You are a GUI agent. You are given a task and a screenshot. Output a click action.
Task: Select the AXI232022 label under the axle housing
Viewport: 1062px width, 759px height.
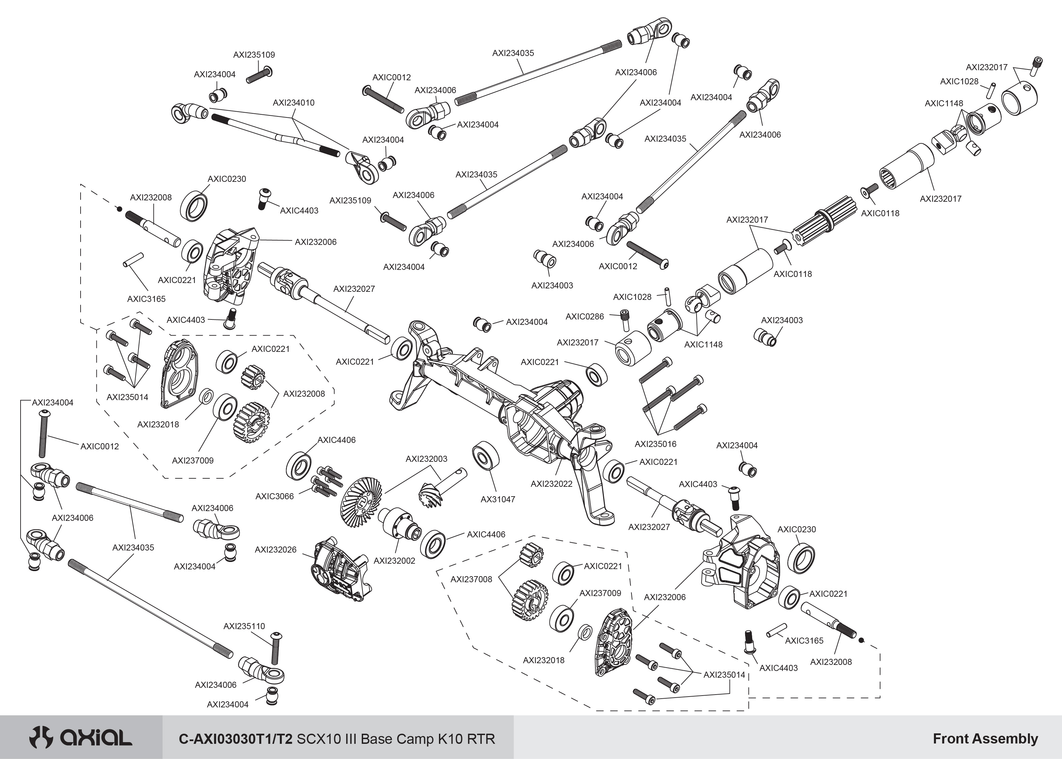click(x=551, y=484)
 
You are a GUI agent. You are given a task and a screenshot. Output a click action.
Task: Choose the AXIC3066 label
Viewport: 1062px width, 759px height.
click(x=275, y=496)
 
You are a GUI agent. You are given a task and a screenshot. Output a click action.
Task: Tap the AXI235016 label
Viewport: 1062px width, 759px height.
click(x=655, y=444)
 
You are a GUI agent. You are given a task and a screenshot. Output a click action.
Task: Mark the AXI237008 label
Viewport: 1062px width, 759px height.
click(x=471, y=580)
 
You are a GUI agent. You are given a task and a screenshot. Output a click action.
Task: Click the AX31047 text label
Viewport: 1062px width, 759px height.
click(x=498, y=499)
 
